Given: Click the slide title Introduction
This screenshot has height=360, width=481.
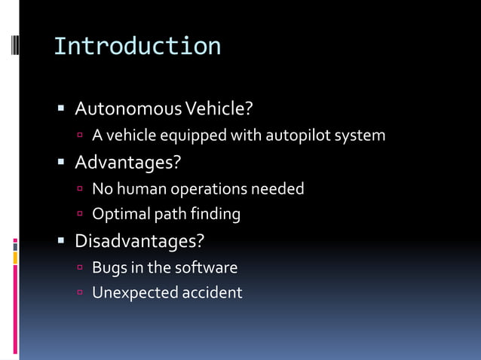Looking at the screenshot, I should pyautogui.click(x=137, y=46).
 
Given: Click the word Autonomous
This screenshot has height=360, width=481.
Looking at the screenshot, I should pyautogui.click(x=124, y=109).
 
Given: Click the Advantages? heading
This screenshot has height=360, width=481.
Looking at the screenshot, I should pyautogui.click(x=128, y=162).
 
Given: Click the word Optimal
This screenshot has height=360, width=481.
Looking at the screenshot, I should pyautogui.click(x=121, y=215).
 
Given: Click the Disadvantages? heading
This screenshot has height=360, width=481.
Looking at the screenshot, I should pyautogui.click(x=139, y=241).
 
